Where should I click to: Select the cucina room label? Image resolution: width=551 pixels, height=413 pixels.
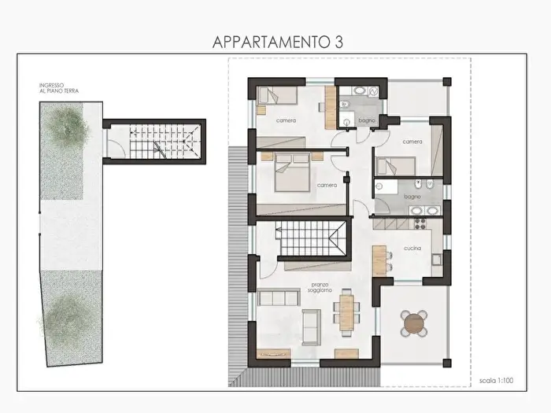pos(412,249)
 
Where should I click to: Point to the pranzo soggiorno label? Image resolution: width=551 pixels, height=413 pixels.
pos(320,289)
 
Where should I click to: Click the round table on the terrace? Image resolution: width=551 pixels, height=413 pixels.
pos(414,323)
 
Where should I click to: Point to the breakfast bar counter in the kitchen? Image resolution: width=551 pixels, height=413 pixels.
pos(379,258)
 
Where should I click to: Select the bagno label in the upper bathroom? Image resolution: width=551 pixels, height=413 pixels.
pos(367,120)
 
